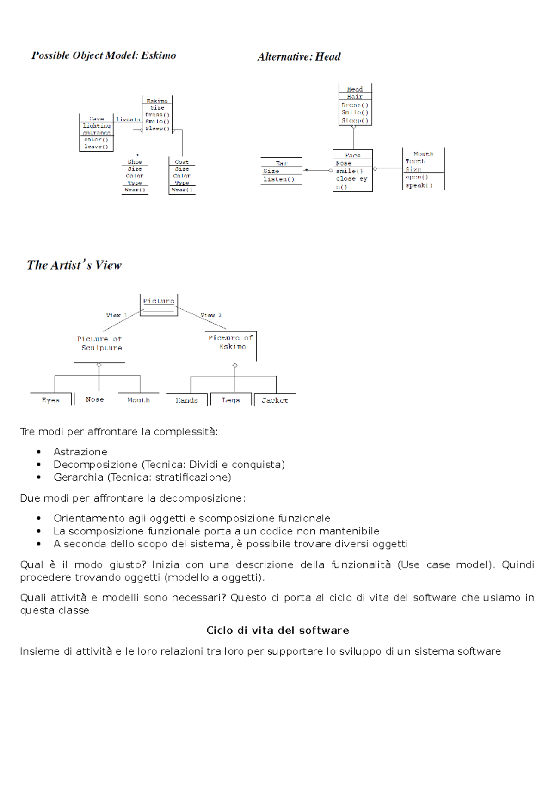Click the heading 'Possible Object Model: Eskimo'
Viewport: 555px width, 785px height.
(104, 56)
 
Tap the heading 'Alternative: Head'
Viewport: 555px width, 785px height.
(299, 57)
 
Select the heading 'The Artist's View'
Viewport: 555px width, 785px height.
(74, 265)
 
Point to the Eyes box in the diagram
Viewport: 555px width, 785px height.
(51, 400)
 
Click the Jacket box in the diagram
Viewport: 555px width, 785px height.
(275, 400)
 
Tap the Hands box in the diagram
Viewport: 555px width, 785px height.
(187, 400)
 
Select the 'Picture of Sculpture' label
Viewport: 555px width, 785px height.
(100, 343)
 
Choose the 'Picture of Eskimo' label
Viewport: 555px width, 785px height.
(231, 342)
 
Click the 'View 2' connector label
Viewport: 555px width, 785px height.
(211, 315)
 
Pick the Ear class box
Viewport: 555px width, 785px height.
(281, 171)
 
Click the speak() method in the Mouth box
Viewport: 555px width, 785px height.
(419, 185)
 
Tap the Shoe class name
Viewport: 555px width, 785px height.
(135, 162)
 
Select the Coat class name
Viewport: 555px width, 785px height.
(182, 162)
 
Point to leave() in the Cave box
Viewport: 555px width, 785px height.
(96, 147)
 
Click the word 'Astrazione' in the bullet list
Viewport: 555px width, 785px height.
(80, 452)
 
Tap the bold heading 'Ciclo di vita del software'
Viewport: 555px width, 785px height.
(277, 631)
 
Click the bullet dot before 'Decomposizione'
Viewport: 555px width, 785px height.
(39, 465)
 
